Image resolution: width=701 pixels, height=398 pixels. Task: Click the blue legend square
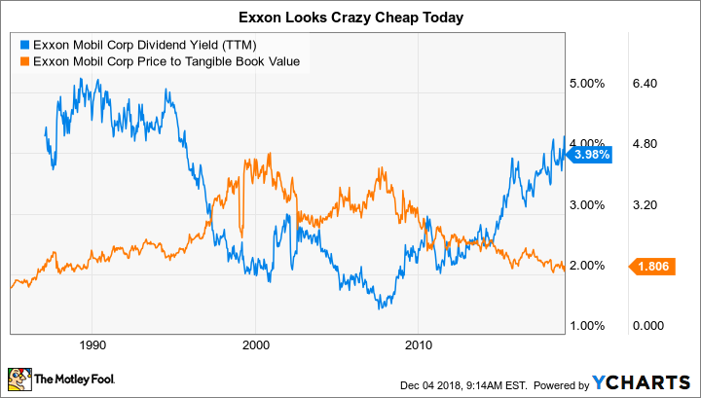click(x=23, y=45)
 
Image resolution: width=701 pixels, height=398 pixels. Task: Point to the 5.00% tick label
click(x=587, y=84)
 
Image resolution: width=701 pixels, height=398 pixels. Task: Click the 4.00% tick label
click(x=587, y=144)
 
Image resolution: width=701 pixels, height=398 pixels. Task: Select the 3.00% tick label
click(x=587, y=204)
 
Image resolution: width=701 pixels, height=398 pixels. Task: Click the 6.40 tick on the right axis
click(x=646, y=84)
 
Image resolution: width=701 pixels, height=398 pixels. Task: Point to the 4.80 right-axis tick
click(x=646, y=144)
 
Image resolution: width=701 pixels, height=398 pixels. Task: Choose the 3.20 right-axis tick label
click(x=646, y=204)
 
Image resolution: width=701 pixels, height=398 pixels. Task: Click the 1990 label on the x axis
click(x=92, y=344)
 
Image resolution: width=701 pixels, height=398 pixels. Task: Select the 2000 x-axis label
click(x=255, y=344)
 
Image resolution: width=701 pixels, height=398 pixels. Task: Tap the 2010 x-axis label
click(x=418, y=344)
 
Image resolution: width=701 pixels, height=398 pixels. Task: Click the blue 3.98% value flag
click(x=590, y=153)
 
